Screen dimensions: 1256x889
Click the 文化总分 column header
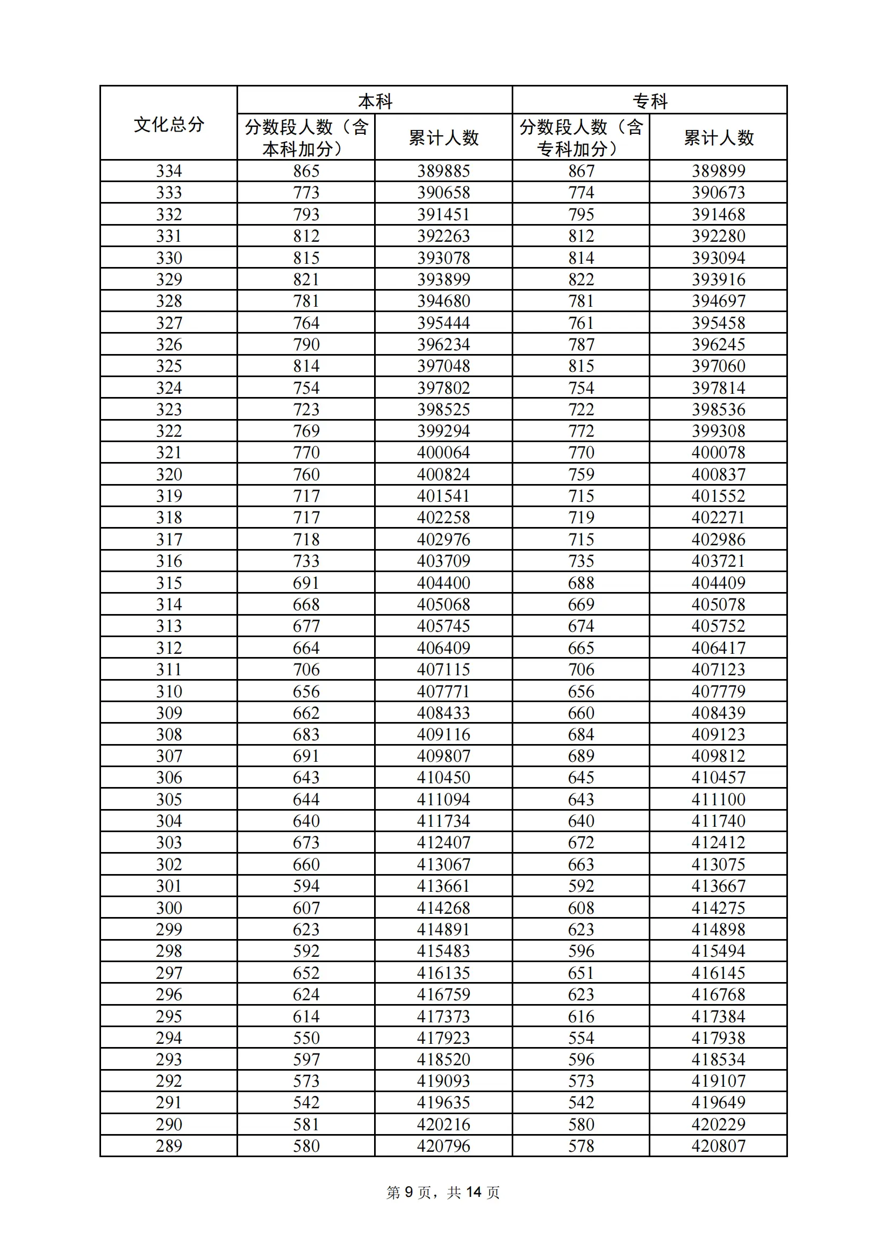169,124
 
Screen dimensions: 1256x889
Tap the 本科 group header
375,101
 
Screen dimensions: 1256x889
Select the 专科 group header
650,101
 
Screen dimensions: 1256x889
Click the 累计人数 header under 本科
443,138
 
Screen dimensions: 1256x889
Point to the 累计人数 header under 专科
718,138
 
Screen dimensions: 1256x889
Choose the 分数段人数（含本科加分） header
306,138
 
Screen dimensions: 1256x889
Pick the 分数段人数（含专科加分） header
581,138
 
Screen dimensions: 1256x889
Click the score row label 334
169,171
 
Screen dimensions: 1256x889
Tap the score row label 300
169,908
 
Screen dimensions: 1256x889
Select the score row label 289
169,1146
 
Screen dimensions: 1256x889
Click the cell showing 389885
443,171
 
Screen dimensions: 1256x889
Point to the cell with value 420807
718,1146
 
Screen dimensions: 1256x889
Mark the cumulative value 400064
443,453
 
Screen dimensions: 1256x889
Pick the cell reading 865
306,171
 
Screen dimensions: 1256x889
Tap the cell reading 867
581,171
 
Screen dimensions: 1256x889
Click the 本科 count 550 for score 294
306,1038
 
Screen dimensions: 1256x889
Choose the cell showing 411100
718,800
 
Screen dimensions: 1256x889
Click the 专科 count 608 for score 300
581,908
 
